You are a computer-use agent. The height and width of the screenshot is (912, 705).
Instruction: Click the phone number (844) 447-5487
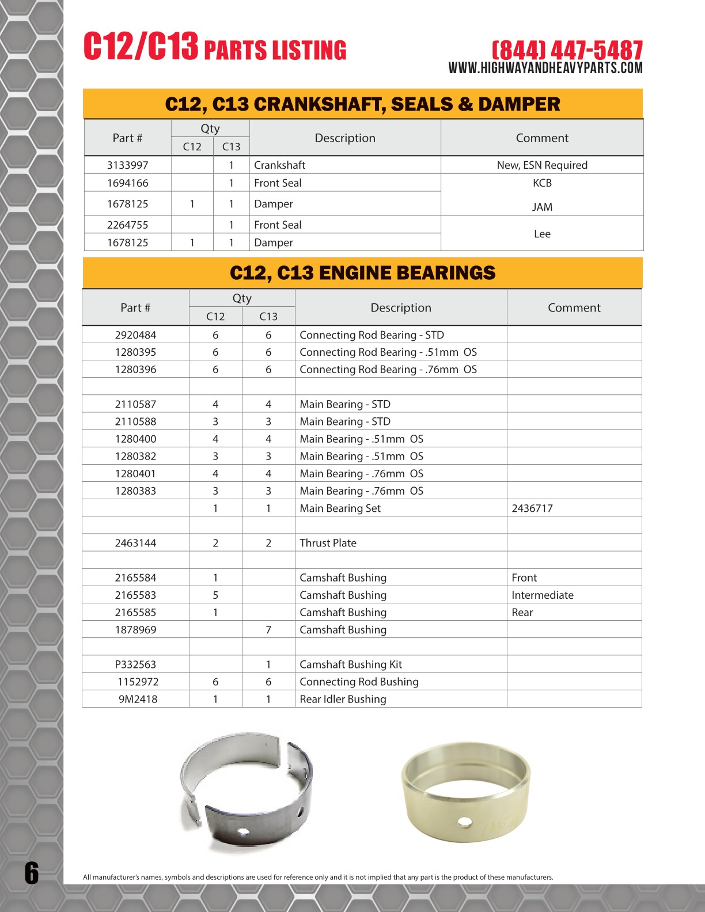(x=567, y=50)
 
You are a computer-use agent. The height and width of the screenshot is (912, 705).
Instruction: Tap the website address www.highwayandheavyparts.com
(x=545, y=68)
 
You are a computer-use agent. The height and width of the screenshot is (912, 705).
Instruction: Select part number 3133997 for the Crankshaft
(x=127, y=165)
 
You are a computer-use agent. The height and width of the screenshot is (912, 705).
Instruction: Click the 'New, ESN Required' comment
(x=542, y=165)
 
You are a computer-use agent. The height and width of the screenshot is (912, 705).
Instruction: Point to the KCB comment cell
(x=542, y=183)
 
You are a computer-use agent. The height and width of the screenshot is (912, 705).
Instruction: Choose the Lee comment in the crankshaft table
(x=542, y=234)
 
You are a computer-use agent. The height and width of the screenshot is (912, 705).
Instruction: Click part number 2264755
(x=127, y=225)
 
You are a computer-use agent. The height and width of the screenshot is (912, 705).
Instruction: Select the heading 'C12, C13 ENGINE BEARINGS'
(x=362, y=273)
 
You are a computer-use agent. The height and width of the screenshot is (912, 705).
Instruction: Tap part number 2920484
(x=135, y=335)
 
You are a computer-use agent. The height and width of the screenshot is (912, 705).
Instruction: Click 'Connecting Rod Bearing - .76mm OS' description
(x=388, y=370)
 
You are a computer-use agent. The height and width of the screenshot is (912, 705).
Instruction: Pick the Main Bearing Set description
(x=340, y=508)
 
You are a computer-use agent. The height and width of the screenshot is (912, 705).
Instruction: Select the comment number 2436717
(x=532, y=508)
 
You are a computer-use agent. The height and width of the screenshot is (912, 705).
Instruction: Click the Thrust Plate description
(x=328, y=543)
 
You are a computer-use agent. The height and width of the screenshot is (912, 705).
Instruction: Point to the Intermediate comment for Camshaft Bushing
(x=542, y=595)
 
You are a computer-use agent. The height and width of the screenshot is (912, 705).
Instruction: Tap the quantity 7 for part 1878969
(x=268, y=630)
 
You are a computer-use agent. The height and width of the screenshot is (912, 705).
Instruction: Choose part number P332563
(x=135, y=664)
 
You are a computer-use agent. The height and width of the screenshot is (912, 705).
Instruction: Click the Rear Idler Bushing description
(x=343, y=699)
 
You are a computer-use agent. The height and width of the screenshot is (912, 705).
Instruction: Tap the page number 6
(x=32, y=873)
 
